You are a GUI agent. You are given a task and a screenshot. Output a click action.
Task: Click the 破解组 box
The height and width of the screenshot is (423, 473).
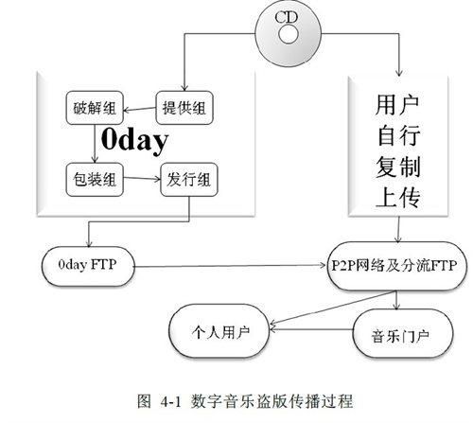click(95, 108)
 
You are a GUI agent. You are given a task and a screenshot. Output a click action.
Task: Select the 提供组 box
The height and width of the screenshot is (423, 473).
click(184, 108)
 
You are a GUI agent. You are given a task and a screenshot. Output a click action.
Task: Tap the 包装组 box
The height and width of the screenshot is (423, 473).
click(95, 180)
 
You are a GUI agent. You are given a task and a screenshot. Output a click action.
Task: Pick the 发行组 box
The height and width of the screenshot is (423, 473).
click(189, 180)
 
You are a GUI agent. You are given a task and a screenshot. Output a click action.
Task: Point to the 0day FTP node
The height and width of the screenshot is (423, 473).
click(88, 267)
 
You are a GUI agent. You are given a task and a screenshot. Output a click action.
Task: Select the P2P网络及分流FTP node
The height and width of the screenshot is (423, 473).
click(396, 266)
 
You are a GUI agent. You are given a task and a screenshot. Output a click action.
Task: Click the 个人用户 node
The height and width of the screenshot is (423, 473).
click(219, 331)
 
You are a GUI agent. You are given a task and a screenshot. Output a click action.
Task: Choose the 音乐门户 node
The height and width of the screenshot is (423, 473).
click(403, 334)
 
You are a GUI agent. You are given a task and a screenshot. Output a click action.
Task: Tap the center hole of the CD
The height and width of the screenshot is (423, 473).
click(289, 34)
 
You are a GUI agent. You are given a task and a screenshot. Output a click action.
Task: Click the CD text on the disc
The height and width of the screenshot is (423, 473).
click(286, 17)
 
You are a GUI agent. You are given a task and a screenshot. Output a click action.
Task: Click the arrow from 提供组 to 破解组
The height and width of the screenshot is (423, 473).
click(140, 110)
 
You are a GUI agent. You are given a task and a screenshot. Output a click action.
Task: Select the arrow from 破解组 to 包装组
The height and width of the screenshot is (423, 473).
click(95, 144)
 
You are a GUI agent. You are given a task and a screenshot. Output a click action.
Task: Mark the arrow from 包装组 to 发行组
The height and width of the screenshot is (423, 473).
click(142, 179)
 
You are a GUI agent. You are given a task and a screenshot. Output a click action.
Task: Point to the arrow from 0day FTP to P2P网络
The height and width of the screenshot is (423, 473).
click(231, 266)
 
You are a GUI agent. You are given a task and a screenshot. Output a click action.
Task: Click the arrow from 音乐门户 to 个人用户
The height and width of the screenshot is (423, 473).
click(311, 329)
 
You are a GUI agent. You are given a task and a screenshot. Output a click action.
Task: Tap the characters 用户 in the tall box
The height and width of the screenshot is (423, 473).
click(397, 105)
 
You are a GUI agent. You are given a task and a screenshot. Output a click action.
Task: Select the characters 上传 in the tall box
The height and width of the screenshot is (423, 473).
click(397, 197)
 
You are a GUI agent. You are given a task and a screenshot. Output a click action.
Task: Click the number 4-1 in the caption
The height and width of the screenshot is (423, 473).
click(171, 401)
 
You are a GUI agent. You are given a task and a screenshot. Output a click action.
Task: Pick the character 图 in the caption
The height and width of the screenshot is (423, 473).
click(145, 401)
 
